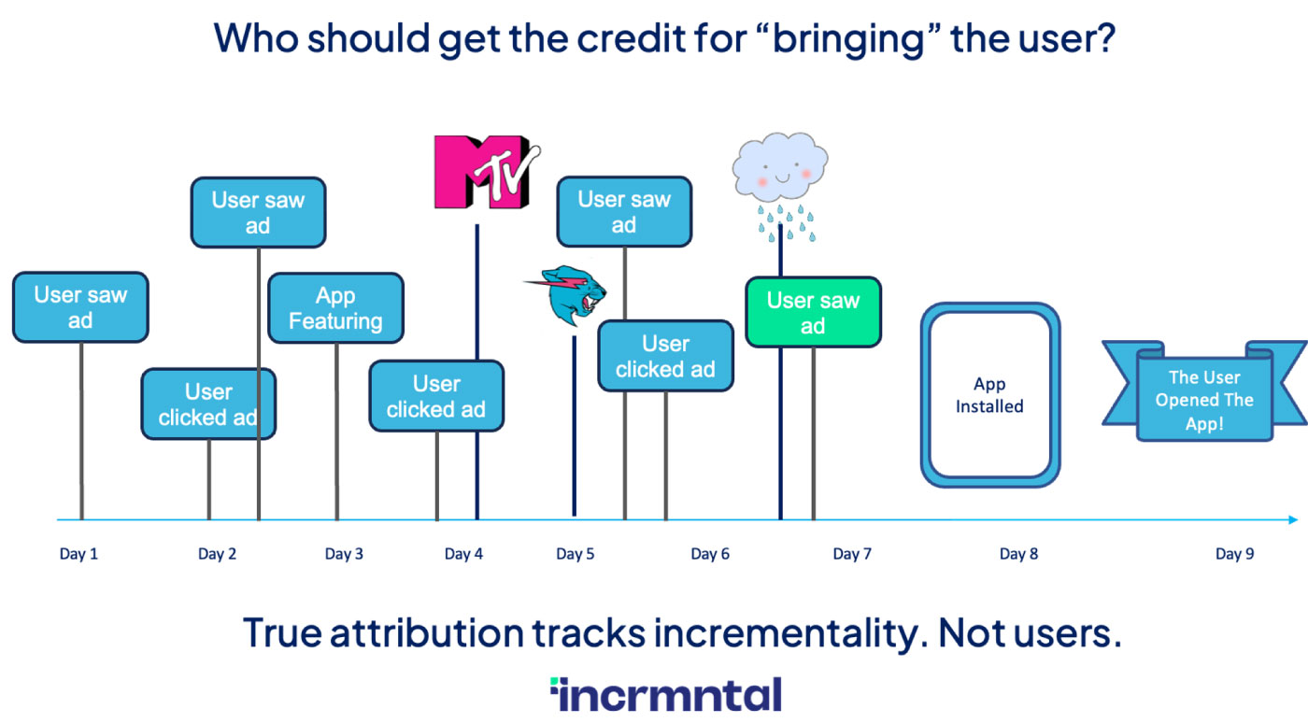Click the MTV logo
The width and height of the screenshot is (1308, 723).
487,172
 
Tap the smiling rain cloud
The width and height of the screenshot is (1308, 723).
781,186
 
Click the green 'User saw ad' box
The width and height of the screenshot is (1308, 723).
814,312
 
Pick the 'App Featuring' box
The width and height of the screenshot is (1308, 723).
335,307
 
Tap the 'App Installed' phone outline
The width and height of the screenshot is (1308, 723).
990,395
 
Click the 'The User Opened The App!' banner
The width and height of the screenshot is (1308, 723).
1204,391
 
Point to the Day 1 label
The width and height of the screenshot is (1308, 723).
78,554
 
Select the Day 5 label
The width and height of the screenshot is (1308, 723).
576,554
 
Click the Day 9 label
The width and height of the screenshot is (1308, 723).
1235,554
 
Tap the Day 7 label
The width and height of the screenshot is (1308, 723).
852,554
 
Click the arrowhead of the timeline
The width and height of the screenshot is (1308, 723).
1293,519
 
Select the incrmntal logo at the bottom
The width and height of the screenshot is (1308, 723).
665,694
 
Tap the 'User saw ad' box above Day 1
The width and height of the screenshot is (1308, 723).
80,306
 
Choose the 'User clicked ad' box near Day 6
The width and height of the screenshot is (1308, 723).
665,356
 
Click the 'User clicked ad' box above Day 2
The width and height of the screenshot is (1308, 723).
208,404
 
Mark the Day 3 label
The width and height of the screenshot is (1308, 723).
344,554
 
